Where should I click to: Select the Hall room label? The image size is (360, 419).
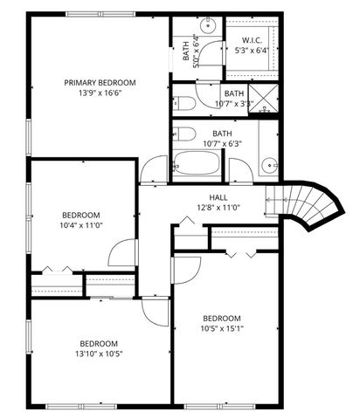coord(218,198)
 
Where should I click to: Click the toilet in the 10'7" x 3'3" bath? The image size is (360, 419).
coord(184,103)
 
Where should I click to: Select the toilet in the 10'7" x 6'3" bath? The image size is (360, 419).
coord(185,135)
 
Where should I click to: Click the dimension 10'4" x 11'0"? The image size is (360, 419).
coord(80,226)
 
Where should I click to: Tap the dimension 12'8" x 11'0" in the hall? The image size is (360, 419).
coord(218,209)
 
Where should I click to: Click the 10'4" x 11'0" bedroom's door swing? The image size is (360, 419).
coord(122,254)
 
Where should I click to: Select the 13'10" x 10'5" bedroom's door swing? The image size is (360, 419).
coord(155,310)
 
